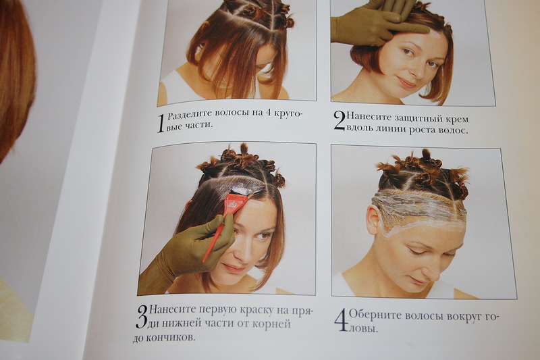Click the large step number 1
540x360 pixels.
coord(161,124)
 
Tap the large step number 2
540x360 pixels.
coord(340,121)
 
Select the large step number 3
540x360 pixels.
coord(142,316)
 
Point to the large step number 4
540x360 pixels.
coord(342,320)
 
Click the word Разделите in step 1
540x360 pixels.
coord(190,115)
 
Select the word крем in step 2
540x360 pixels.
coord(457,119)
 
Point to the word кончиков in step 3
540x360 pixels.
coord(170,338)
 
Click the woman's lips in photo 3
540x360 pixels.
coord(233,267)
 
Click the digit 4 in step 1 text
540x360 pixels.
coord(269,113)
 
